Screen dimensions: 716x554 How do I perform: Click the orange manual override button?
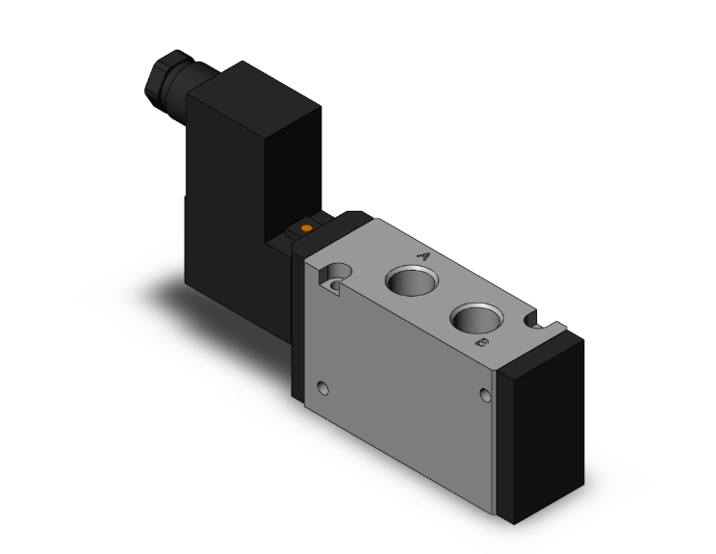[x=307, y=227]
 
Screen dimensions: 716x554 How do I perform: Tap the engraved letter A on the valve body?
[x=423, y=256]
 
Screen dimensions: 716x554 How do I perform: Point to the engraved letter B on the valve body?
[x=482, y=341]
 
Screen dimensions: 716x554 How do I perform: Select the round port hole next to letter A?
[x=412, y=280]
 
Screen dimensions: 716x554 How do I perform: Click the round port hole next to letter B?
[x=476, y=318]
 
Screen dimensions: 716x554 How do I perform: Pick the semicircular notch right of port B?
[x=535, y=321]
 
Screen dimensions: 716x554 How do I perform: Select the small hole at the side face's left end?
[x=322, y=387]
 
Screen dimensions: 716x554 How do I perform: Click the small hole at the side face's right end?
[x=485, y=393]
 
